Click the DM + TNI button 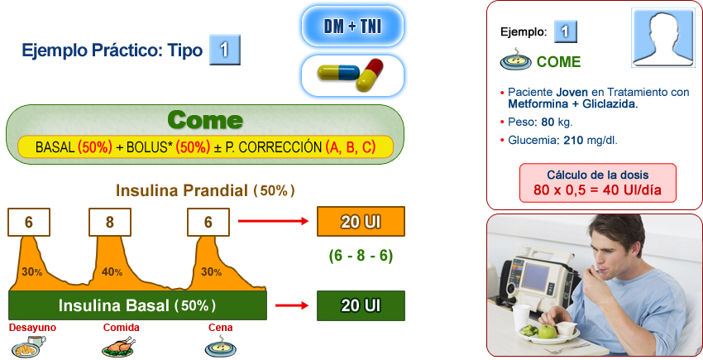tap(351, 26)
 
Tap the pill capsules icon tap(351, 76)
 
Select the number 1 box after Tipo tap(225, 50)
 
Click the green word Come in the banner tap(204, 121)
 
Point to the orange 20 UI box tap(361, 222)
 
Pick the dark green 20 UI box tap(361, 305)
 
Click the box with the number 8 tap(110, 222)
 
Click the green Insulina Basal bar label tap(136, 305)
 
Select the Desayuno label tap(32, 328)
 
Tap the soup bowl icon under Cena tap(218, 348)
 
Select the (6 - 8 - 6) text tap(360, 256)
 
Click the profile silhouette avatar tap(662, 41)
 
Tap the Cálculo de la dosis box tap(597, 184)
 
